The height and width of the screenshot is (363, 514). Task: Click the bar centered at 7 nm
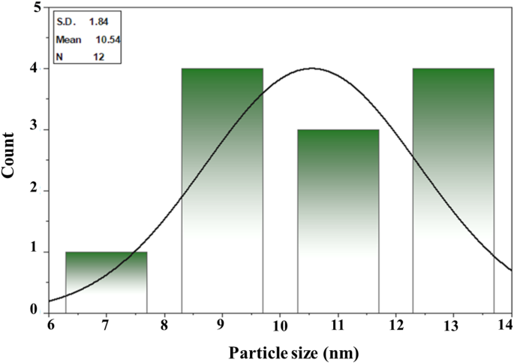(107, 282)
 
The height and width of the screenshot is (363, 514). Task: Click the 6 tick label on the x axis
(50, 325)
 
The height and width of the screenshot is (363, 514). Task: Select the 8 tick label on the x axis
(164, 325)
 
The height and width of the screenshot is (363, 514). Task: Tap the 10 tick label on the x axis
(279, 325)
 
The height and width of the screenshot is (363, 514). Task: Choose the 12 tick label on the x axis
(395, 325)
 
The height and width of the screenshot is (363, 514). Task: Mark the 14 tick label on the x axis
(509, 325)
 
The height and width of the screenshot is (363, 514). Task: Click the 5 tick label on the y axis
(38, 8)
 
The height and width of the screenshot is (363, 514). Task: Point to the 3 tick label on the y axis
(38, 130)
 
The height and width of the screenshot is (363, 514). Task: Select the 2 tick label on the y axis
(38, 191)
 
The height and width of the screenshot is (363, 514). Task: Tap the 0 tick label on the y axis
(38, 310)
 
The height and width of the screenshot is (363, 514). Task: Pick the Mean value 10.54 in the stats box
(102, 39)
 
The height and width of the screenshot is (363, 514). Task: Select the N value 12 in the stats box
(98, 56)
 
